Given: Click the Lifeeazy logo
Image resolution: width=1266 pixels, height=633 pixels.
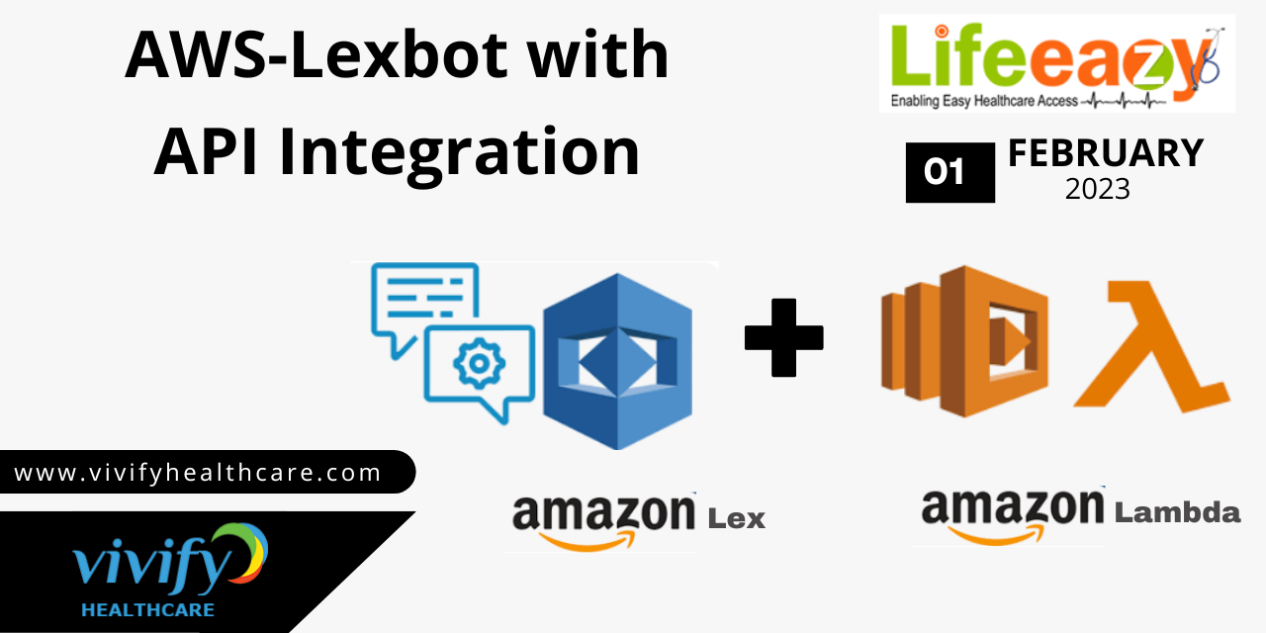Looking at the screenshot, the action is coord(1057,63).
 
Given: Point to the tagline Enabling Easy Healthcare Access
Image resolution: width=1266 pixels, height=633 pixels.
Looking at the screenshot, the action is coord(984,101).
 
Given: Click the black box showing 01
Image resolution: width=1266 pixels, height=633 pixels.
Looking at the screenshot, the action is coord(950,172).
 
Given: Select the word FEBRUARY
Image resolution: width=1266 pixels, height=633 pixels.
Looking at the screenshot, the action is coord(1106,153).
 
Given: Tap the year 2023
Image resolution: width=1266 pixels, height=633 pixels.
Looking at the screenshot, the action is coord(1098,189).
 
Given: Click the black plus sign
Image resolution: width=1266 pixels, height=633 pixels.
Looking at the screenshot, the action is coord(784,337).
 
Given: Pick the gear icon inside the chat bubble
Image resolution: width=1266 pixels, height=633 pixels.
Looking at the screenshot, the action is coord(480,363).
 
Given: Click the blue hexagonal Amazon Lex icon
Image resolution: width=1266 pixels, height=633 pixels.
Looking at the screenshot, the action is coord(618,361).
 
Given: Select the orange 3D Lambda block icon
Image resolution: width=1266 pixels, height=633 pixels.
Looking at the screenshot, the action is coord(964,341).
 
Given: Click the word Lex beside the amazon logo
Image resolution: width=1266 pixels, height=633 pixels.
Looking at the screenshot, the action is coord(737,518).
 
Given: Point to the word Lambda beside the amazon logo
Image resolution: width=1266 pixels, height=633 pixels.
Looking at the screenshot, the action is coord(1177,512).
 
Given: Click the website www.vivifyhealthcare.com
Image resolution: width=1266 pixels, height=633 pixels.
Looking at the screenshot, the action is coord(198,473).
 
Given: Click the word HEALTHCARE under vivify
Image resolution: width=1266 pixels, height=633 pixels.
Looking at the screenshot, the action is coord(148,610).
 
